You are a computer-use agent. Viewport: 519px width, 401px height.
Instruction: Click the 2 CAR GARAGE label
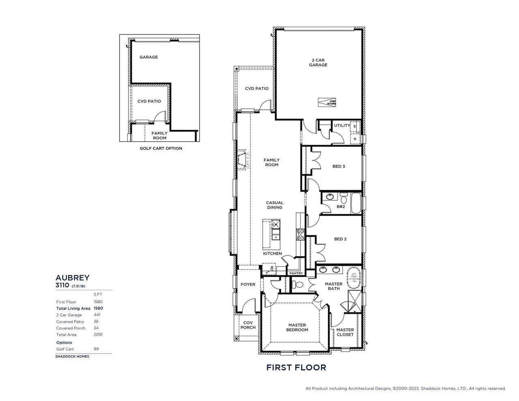tap(318, 62)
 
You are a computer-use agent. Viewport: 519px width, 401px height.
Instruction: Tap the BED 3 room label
tap(339, 166)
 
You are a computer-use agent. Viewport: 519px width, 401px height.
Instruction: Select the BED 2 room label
tap(340, 239)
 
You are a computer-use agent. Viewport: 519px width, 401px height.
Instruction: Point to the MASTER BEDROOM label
tap(297, 327)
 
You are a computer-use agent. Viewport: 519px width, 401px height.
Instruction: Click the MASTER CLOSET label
tap(345, 332)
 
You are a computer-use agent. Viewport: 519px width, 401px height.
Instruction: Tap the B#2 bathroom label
tap(341, 206)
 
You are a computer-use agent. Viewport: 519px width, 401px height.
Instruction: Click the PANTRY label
tap(296, 273)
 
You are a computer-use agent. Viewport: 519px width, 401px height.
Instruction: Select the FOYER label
tap(248, 284)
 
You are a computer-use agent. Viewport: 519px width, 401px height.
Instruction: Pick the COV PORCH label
tap(248, 325)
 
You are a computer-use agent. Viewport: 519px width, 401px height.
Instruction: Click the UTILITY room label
tap(342, 126)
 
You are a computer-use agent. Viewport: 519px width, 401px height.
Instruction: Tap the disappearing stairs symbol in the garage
tap(327, 102)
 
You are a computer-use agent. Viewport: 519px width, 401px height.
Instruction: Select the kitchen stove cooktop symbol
tap(301, 234)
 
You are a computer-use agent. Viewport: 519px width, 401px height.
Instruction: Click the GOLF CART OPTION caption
tap(161, 148)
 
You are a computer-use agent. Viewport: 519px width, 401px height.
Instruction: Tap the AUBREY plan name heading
tap(72, 278)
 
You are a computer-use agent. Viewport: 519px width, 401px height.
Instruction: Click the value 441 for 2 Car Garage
tap(97, 315)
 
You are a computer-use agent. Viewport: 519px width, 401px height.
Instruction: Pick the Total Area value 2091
tap(98, 335)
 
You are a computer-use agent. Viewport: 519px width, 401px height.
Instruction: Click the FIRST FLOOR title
tap(296, 368)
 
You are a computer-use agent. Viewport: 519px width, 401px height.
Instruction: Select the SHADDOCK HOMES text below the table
tap(72, 356)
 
